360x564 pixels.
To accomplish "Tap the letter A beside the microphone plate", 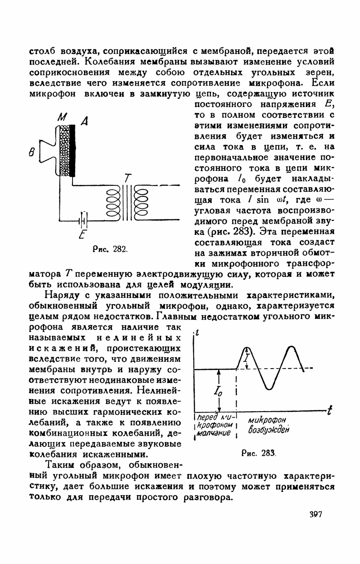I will click(84, 121).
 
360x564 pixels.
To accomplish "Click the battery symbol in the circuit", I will click(83, 220).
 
